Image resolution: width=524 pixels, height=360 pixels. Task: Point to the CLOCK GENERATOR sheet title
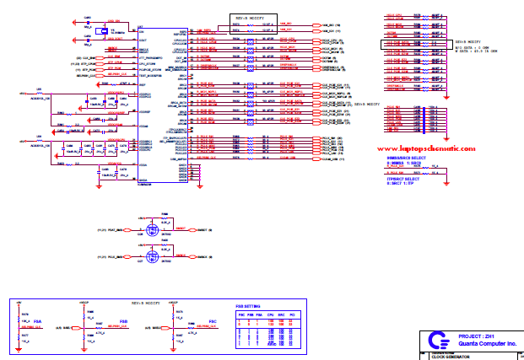coord(451,357)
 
